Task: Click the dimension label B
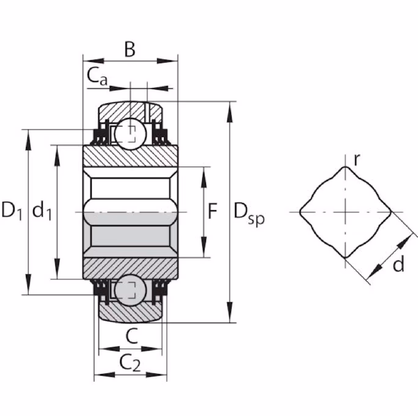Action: pyautogui.click(x=130, y=50)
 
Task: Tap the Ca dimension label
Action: pyautogui.click(x=97, y=77)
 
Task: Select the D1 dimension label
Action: pyautogui.click(x=12, y=210)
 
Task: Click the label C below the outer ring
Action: pyautogui.click(x=132, y=336)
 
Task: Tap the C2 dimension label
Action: pyautogui.click(x=130, y=364)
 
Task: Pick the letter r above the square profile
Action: pyautogui.click(x=357, y=160)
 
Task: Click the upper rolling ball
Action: pyautogui.click(x=130, y=134)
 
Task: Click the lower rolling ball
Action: pyautogui.click(x=130, y=291)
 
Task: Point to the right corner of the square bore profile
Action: pyautogui.click(x=391, y=212)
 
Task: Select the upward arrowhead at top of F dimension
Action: pyautogui.click(x=204, y=177)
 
